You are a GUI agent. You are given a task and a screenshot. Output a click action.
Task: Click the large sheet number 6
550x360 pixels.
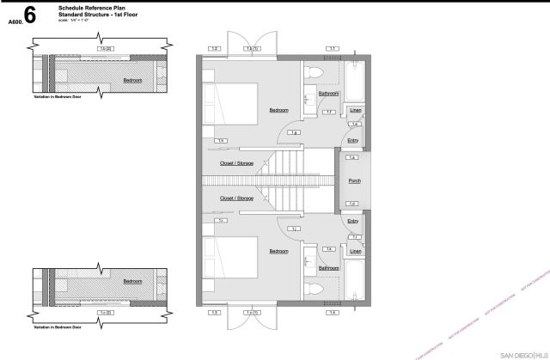(31, 15)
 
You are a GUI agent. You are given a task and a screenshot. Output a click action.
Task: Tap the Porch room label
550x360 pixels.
(353, 181)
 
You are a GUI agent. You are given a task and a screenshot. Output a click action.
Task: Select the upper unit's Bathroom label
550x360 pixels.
(328, 94)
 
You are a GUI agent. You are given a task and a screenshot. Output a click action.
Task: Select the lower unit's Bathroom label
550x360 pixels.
(328, 268)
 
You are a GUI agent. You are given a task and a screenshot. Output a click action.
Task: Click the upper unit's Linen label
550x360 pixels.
(354, 110)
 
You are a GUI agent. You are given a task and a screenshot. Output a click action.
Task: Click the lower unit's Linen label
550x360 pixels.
(354, 252)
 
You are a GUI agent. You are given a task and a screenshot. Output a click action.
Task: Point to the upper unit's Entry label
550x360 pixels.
(352, 140)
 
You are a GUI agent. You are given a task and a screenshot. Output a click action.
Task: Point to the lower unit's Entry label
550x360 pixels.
(352, 221)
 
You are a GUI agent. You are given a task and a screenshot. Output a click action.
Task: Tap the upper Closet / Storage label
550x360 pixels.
(236, 162)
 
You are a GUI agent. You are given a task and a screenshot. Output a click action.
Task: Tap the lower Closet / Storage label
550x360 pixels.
(236, 198)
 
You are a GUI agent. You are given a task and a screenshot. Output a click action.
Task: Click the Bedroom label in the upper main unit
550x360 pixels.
(278, 110)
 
